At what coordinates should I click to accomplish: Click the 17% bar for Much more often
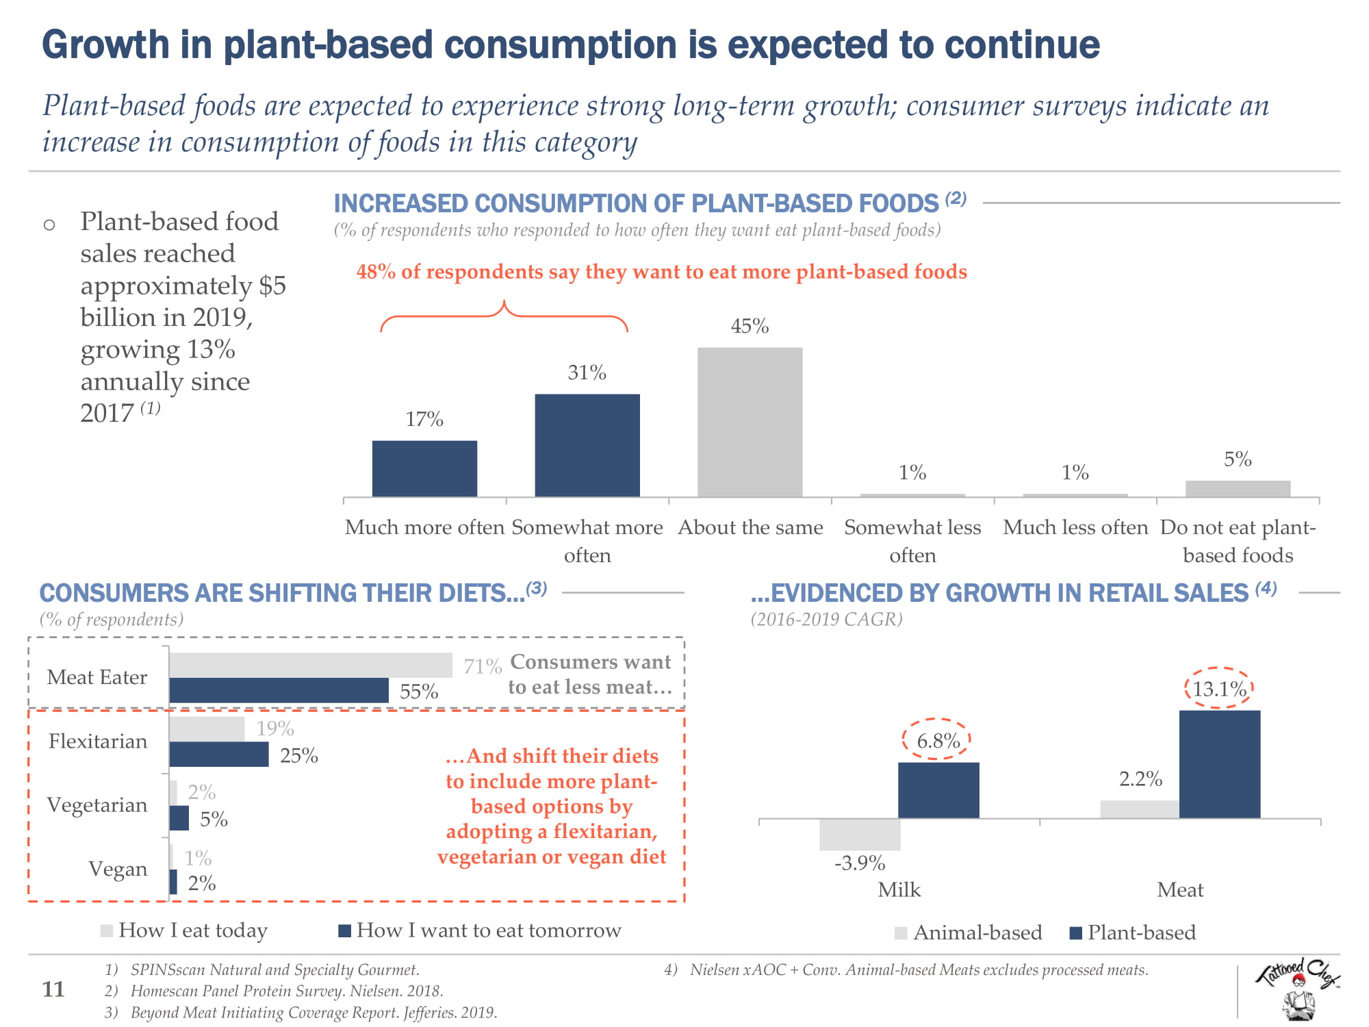[x=424, y=468]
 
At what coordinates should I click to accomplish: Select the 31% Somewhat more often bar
[x=587, y=445]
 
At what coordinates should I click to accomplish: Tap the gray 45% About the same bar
[x=750, y=422]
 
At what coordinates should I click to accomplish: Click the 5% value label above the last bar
[x=1238, y=459]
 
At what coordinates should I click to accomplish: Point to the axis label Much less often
[x=1075, y=527]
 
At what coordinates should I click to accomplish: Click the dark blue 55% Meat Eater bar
[x=279, y=690]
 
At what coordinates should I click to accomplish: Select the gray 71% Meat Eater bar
[x=311, y=665]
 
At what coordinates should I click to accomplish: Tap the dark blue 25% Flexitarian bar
[x=219, y=755]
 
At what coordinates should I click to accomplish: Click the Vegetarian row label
[x=97, y=804]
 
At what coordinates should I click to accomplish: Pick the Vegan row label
[x=118, y=869]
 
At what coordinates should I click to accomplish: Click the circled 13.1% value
[x=1219, y=688]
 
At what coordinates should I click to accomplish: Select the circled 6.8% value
[x=938, y=740]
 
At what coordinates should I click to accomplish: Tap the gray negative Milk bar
[x=860, y=835]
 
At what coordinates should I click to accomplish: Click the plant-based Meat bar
[x=1219, y=764]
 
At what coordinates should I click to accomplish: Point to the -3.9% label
[x=860, y=863]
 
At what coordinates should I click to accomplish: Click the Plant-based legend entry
[x=1133, y=933]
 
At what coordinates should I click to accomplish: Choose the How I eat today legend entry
[x=185, y=930]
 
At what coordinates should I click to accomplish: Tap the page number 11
[x=53, y=989]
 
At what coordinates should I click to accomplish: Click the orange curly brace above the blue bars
[x=504, y=315]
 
